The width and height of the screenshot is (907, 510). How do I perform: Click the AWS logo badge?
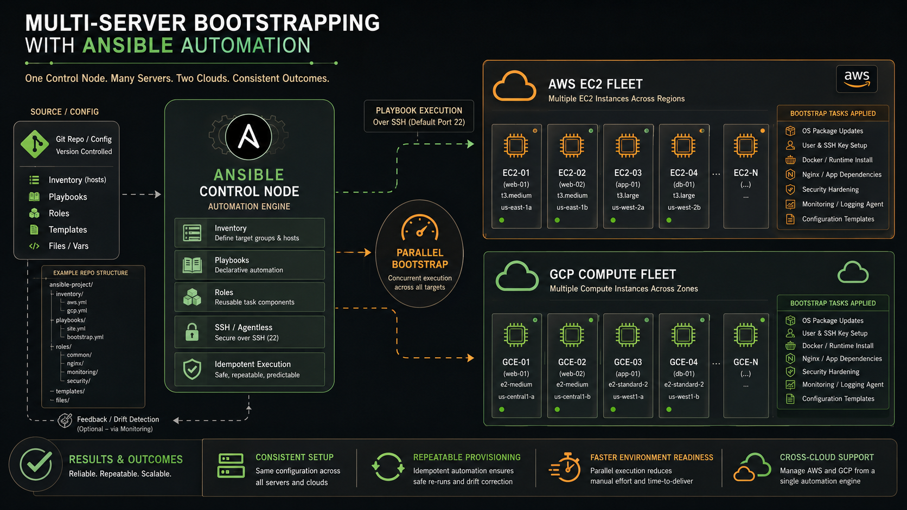(857, 79)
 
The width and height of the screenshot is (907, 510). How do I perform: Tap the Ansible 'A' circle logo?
(248, 137)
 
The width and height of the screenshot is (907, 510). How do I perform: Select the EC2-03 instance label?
(628, 173)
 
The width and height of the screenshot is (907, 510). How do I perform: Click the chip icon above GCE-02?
(572, 335)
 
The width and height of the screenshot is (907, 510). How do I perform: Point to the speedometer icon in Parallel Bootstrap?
(419, 228)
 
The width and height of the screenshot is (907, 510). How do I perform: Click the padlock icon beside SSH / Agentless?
(192, 332)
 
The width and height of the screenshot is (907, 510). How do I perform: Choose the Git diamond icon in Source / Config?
(35, 144)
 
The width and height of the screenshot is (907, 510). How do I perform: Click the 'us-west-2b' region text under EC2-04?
(684, 208)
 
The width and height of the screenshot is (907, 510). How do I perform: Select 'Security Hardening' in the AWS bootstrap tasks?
(830, 189)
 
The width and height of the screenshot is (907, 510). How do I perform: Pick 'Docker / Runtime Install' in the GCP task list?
(838, 346)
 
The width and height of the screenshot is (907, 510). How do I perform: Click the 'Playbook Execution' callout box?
(419, 116)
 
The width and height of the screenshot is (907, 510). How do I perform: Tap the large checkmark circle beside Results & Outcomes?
(36, 464)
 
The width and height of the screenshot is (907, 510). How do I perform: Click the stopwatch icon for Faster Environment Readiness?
(565, 468)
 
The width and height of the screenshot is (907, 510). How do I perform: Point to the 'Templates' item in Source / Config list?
(68, 230)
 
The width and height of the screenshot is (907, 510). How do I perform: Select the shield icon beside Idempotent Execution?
(192, 369)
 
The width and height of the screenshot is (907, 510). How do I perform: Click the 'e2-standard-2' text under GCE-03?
(628, 384)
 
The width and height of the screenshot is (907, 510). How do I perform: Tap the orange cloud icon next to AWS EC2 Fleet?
(514, 86)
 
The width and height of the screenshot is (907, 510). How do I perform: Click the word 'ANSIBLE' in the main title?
(128, 46)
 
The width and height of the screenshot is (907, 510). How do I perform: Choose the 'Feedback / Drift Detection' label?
(118, 419)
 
